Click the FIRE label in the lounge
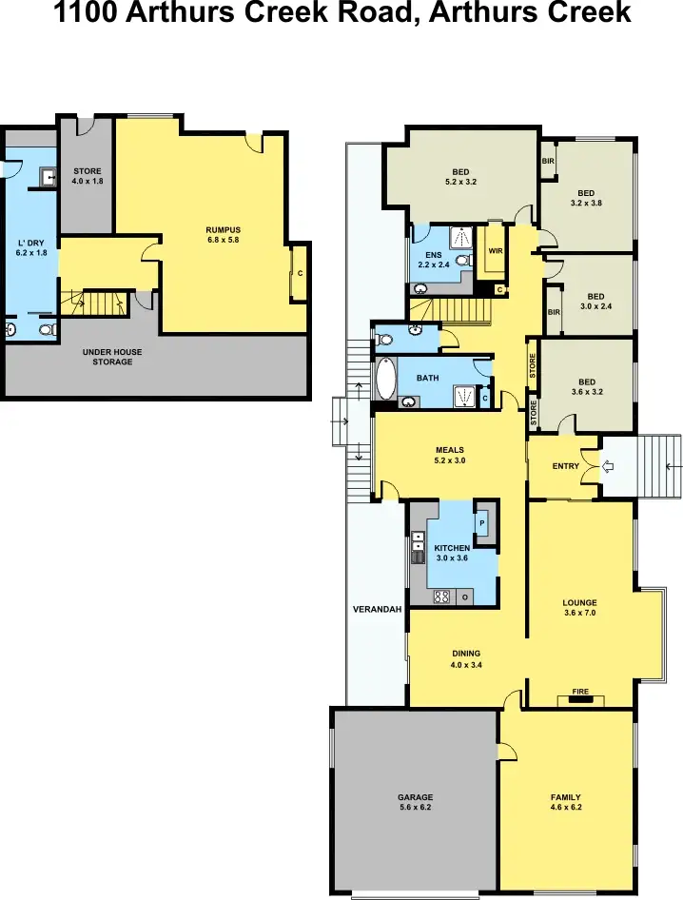coord(580,692)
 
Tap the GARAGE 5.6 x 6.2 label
coord(415,802)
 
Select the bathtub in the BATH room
coord(386,379)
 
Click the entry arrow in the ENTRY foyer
coord(610,466)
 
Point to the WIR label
coord(495,251)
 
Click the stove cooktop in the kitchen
coord(441,597)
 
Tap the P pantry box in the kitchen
coord(481,522)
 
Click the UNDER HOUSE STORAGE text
coord(112,357)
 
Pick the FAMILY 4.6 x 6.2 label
coord(565,802)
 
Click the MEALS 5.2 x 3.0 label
coord(450,455)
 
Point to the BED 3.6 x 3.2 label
coord(587,385)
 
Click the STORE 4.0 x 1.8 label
coord(88,176)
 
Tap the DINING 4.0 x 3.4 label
coord(465,658)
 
